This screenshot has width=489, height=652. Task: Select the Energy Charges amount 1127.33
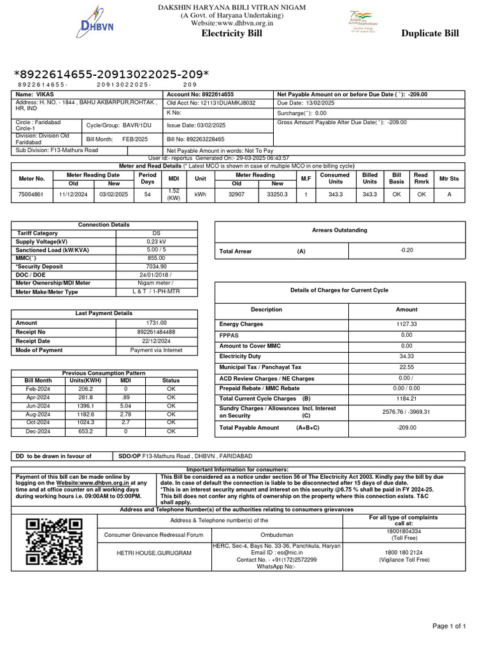click(406, 324)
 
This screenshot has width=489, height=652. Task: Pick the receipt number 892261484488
click(156, 332)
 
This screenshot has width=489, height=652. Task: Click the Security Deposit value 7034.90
click(156, 266)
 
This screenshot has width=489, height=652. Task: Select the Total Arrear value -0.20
click(406, 250)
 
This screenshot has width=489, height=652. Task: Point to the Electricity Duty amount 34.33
click(406, 357)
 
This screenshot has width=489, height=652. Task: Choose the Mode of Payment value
click(156, 350)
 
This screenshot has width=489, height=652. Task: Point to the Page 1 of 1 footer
click(449, 627)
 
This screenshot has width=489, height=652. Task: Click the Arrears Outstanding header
click(339, 230)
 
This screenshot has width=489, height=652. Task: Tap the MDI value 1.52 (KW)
click(173, 194)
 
